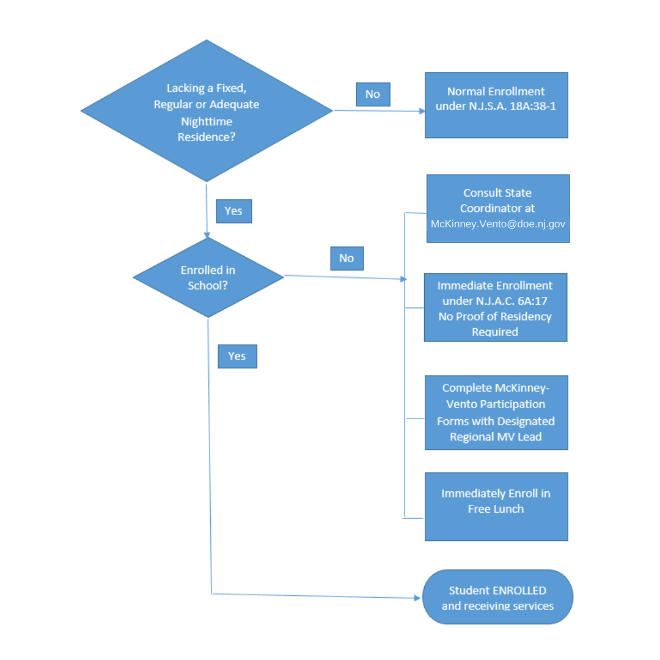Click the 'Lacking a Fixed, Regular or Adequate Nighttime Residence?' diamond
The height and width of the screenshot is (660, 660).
pyautogui.click(x=207, y=111)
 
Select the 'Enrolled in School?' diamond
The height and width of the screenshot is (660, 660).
pyautogui.click(x=208, y=277)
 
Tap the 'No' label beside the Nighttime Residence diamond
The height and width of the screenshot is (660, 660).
pyautogui.click(x=373, y=94)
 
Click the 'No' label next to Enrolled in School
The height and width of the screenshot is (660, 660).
pyautogui.click(x=346, y=258)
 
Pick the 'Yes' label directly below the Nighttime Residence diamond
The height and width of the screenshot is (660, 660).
pyautogui.click(x=233, y=211)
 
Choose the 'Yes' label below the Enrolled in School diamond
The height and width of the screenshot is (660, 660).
pyautogui.click(x=237, y=356)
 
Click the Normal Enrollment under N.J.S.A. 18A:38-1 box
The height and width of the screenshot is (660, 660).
pyautogui.click(x=496, y=105)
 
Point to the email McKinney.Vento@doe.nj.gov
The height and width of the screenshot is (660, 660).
pyautogui.click(x=498, y=224)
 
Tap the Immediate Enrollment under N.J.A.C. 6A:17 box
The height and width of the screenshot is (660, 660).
pyautogui.click(x=495, y=307)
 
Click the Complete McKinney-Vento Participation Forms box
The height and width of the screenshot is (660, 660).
pyautogui.click(x=496, y=413)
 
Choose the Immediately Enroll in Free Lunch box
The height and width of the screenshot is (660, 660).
pyautogui.click(x=496, y=507)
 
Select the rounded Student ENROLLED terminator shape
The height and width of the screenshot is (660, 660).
pyautogui.click(x=497, y=597)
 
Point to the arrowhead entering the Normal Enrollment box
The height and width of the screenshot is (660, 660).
pyautogui.click(x=422, y=112)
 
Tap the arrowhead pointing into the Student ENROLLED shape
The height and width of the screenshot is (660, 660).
pyautogui.click(x=419, y=598)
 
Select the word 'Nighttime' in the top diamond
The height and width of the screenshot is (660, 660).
pyautogui.click(x=207, y=122)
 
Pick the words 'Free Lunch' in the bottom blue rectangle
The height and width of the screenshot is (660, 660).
pyautogui.click(x=496, y=509)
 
